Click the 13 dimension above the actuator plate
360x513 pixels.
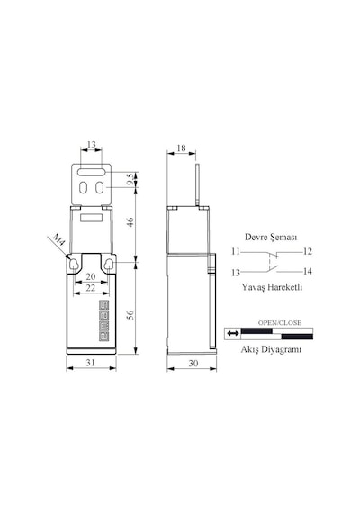[x=92, y=144]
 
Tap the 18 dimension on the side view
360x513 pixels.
[x=181, y=148]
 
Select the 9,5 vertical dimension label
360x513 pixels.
[x=130, y=179]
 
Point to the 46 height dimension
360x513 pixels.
[x=130, y=222]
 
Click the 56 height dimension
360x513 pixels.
[x=130, y=315]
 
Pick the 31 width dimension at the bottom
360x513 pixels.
[x=91, y=362]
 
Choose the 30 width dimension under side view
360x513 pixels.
[x=193, y=363]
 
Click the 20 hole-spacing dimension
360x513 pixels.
[x=91, y=276]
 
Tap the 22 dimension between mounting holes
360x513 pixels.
[x=91, y=288]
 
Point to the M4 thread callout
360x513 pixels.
[x=59, y=239]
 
